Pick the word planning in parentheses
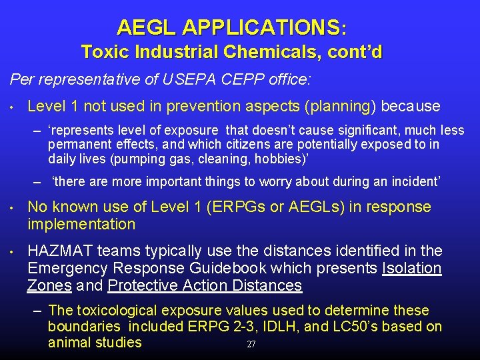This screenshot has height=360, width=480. [x=338, y=106]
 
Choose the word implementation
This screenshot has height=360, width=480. [x=81, y=224]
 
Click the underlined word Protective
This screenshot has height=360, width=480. [x=149, y=285]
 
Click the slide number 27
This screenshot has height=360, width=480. [x=251, y=345]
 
